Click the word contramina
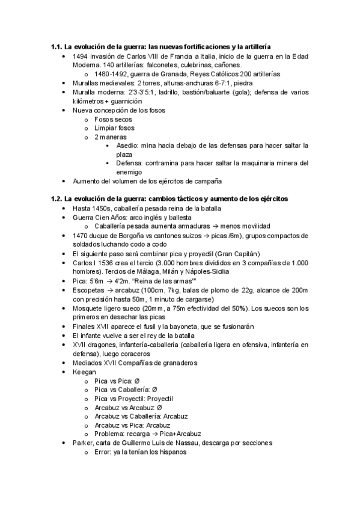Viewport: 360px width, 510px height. coord(163,163)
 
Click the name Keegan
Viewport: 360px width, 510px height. coord(85,372)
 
